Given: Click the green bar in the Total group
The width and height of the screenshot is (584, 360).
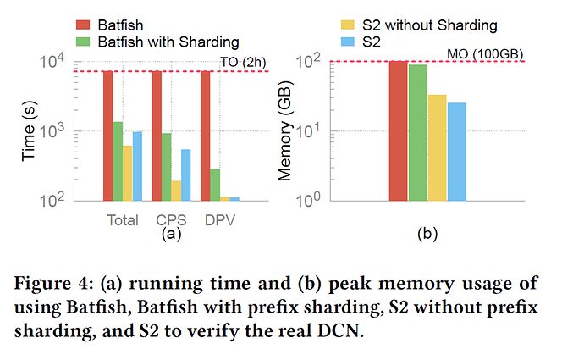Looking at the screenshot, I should [x=118, y=161].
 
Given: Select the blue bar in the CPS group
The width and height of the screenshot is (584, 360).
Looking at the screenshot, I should [x=186, y=174].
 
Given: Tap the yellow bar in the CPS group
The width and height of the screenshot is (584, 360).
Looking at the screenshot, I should [x=176, y=191].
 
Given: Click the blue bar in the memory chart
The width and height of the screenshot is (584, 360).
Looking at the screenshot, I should [x=456, y=152].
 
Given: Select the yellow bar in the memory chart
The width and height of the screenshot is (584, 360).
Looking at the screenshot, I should [x=437, y=147].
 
